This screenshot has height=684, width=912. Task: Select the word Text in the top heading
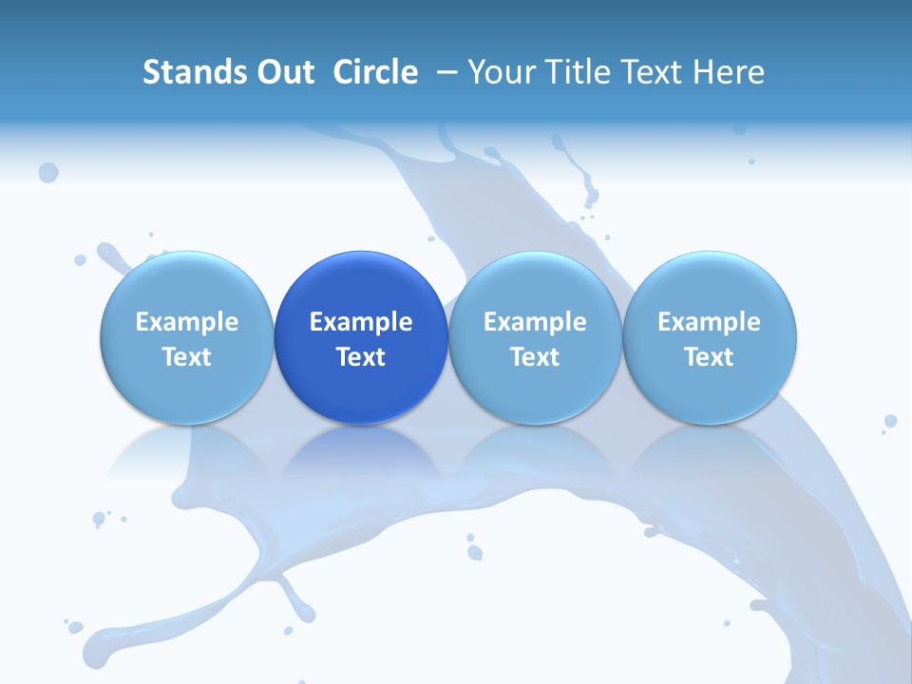click(655, 72)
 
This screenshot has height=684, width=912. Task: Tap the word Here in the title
click(730, 72)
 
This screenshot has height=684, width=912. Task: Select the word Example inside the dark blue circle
click(361, 322)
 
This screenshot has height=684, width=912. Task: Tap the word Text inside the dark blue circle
click(361, 357)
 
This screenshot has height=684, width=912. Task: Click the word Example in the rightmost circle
click(710, 322)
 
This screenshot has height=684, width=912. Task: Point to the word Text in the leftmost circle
click(186, 357)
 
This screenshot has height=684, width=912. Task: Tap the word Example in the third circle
click(535, 322)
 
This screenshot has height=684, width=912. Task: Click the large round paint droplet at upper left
click(48, 172)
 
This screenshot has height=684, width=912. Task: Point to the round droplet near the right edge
click(890, 421)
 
